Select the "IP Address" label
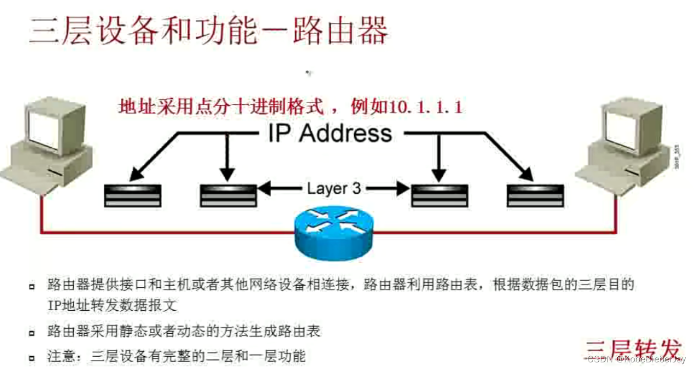click(330, 133)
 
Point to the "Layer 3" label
click(334, 189)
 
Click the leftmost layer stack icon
click(133, 195)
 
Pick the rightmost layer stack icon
click(535, 195)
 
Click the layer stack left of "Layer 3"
click(228, 195)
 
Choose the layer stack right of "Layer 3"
click(440, 195)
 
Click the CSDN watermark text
click(636, 360)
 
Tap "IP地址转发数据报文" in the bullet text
click(112, 306)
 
